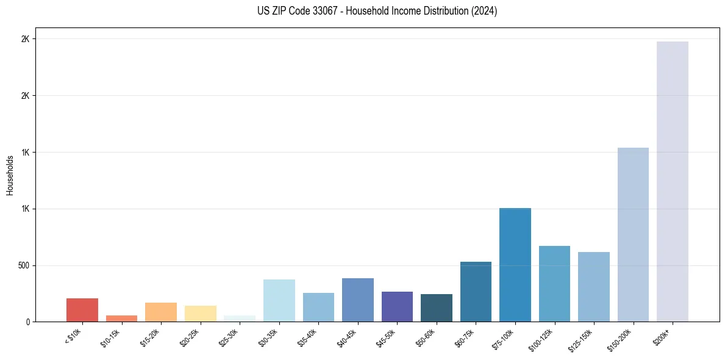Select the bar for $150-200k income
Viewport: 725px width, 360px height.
[x=633, y=235]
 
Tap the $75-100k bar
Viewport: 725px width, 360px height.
[x=515, y=265]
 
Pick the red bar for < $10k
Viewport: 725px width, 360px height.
[x=82, y=310]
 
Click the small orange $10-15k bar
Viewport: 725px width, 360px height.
[x=121, y=319]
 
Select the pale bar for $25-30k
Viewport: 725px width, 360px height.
[x=240, y=319]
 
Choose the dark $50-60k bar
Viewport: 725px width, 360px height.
[x=437, y=308]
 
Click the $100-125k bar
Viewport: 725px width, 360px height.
[x=554, y=284]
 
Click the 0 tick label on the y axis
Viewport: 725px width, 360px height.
[x=27, y=322]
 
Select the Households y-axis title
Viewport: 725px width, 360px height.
[x=10, y=175]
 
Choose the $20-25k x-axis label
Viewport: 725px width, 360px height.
[x=190, y=337]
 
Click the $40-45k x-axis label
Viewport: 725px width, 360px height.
[x=347, y=337]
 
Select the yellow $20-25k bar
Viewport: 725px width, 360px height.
[x=200, y=314]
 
